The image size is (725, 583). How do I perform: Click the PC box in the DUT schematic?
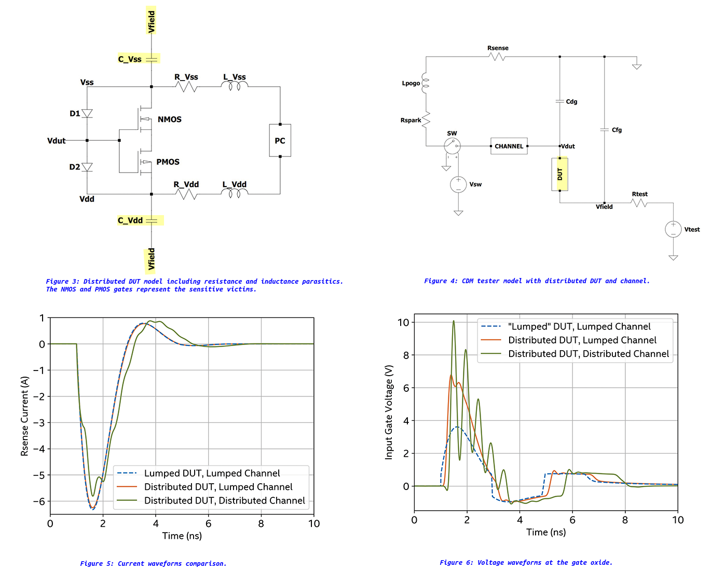280,140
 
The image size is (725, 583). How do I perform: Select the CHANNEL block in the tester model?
509,146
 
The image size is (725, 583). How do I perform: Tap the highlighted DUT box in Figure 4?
559,174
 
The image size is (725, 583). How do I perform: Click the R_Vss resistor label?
186,77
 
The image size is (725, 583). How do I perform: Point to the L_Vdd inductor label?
235,184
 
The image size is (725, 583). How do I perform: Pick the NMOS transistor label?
170,120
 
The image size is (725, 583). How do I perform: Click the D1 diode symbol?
87,113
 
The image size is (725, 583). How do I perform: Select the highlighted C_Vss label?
130,59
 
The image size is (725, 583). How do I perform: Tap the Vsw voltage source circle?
458,184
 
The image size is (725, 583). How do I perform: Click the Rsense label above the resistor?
498,48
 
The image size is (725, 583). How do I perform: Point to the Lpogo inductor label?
411,83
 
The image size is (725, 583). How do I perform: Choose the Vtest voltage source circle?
673,229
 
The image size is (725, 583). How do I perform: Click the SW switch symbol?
452,145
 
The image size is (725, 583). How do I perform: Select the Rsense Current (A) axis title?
24,417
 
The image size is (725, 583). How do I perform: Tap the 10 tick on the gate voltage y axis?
403,323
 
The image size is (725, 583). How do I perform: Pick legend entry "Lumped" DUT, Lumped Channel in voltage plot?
579,326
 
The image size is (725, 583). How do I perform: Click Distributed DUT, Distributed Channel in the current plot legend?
224,500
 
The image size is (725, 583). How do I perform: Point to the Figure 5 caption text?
153,563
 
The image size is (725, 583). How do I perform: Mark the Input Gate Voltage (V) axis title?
389,412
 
